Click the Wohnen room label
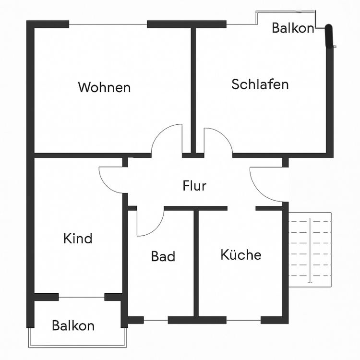[x=104, y=87]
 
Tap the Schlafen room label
[x=260, y=84]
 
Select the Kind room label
[x=78, y=238]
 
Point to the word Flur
[x=194, y=185]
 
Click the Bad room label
[x=163, y=256]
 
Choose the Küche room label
[x=241, y=254]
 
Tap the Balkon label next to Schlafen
[x=293, y=28]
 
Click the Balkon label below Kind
[x=73, y=326]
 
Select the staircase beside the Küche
[x=310, y=248]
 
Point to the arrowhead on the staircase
[x=310, y=282]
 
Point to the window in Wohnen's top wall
[x=108, y=24]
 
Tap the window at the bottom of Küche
[x=243, y=320]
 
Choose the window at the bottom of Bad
[x=156, y=320]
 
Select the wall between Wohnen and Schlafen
[x=194, y=89]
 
